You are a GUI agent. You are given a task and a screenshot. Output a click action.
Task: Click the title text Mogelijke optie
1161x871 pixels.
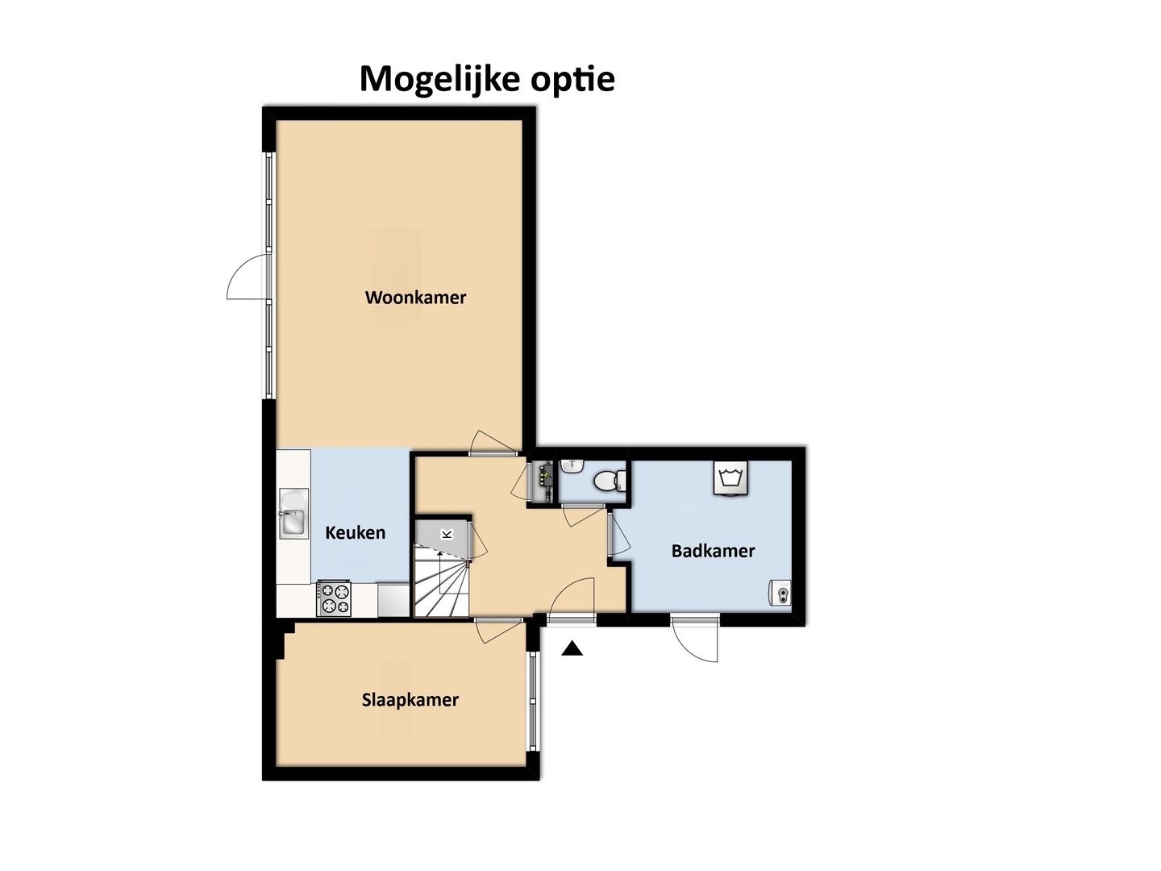(487, 79)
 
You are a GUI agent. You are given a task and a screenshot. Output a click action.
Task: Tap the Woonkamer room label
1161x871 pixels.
(415, 298)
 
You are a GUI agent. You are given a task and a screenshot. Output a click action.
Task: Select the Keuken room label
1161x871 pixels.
(355, 533)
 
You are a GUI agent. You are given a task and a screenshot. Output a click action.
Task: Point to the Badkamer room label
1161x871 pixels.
(713, 552)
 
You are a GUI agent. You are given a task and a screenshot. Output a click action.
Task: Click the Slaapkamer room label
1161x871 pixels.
(410, 700)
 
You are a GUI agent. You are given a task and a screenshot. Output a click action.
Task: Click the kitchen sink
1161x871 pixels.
(293, 515)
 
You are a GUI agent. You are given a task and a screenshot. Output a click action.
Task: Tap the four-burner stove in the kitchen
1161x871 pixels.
(334, 598)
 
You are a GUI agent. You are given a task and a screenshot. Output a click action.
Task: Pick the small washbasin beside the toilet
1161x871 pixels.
(573, 465)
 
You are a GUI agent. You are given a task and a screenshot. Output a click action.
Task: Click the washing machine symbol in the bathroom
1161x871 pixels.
(730, 478)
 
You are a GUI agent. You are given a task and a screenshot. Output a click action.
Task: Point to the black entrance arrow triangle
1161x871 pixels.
(572, 648)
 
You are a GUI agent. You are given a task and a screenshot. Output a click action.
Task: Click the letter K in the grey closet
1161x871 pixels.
(447, 534)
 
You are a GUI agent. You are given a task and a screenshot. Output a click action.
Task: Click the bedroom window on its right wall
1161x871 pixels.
(532, 701)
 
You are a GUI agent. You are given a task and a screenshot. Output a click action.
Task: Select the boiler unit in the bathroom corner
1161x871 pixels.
(780, 594)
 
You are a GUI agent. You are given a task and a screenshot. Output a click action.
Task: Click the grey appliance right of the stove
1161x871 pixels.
(393, 600)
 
